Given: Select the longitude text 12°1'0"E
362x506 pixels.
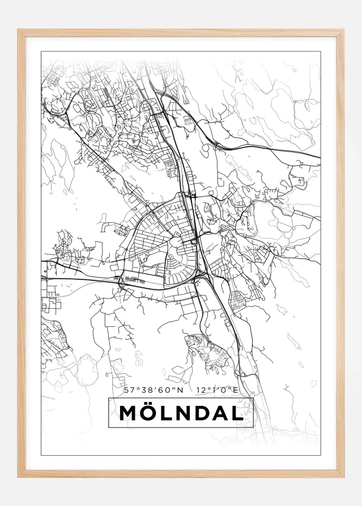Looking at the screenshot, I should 217,390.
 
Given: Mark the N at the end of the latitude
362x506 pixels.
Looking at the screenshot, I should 180,390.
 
